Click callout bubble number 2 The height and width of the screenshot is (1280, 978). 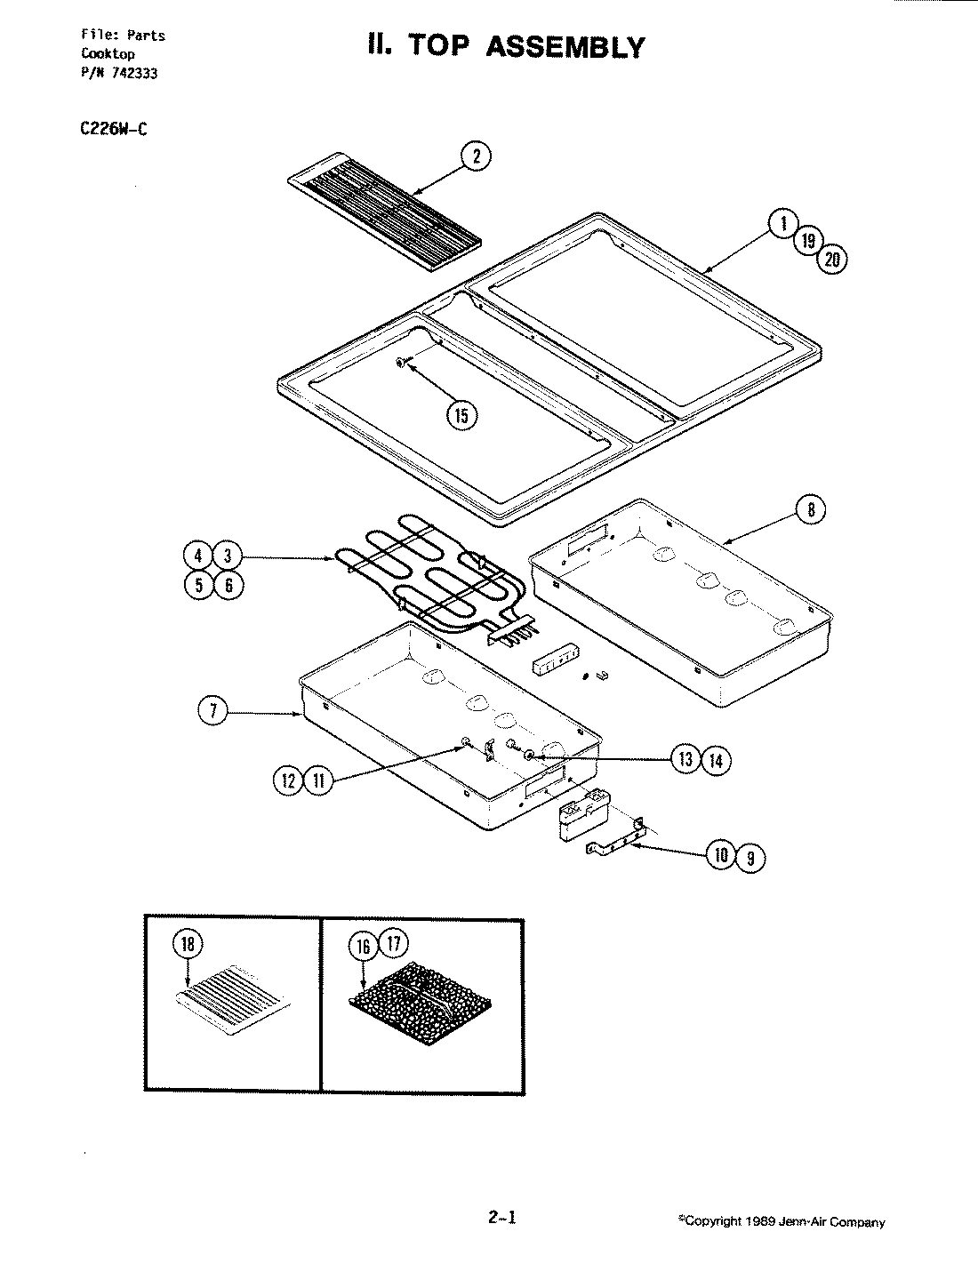477,157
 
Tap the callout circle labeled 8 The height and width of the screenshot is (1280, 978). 811,510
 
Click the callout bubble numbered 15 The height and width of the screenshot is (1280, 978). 461,415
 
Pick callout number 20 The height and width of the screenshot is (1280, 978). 833,260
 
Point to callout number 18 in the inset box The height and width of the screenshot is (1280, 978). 189,944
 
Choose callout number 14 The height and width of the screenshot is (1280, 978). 716,760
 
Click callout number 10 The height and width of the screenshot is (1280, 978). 721,855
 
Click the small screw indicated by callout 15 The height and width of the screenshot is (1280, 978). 404,361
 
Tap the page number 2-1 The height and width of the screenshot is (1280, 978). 501,1218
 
